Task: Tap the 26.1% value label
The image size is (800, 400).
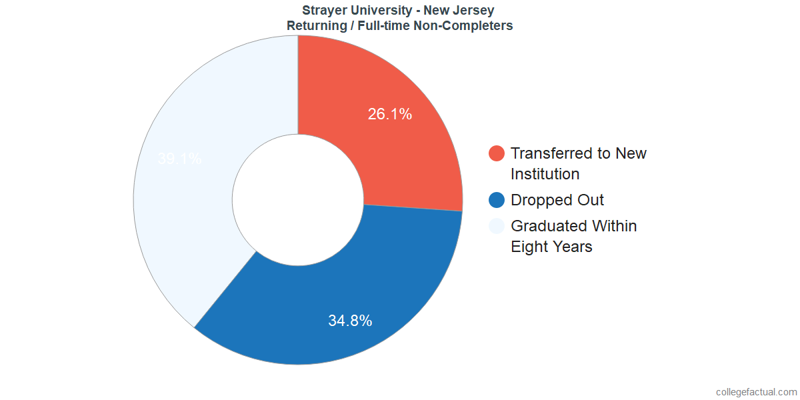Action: pyautogui.click(x=390, y=114)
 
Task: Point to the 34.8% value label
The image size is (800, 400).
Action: pyautogui.click(x=350, y=321)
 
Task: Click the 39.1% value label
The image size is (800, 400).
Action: pyautogui.click(x=179, y=159)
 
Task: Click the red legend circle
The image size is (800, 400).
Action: pyautogui.click(x=497, y=153)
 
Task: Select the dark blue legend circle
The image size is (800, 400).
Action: pyautogui.click(x=497, y=200)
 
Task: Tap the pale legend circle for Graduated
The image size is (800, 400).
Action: pyautogui.click(x=497, y=226)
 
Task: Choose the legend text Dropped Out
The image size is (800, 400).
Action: pyautogui.click(x=557, y=200)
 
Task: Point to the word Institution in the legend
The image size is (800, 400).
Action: pyautogui.click(x=545, y=174)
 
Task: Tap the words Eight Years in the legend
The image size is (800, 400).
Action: pyautogui.click(x=551, y=247)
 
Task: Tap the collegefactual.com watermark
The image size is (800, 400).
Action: pyautogui.click(x=756, y=392)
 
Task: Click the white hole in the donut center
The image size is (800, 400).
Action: pyautogui.click(x=298, y=200)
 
